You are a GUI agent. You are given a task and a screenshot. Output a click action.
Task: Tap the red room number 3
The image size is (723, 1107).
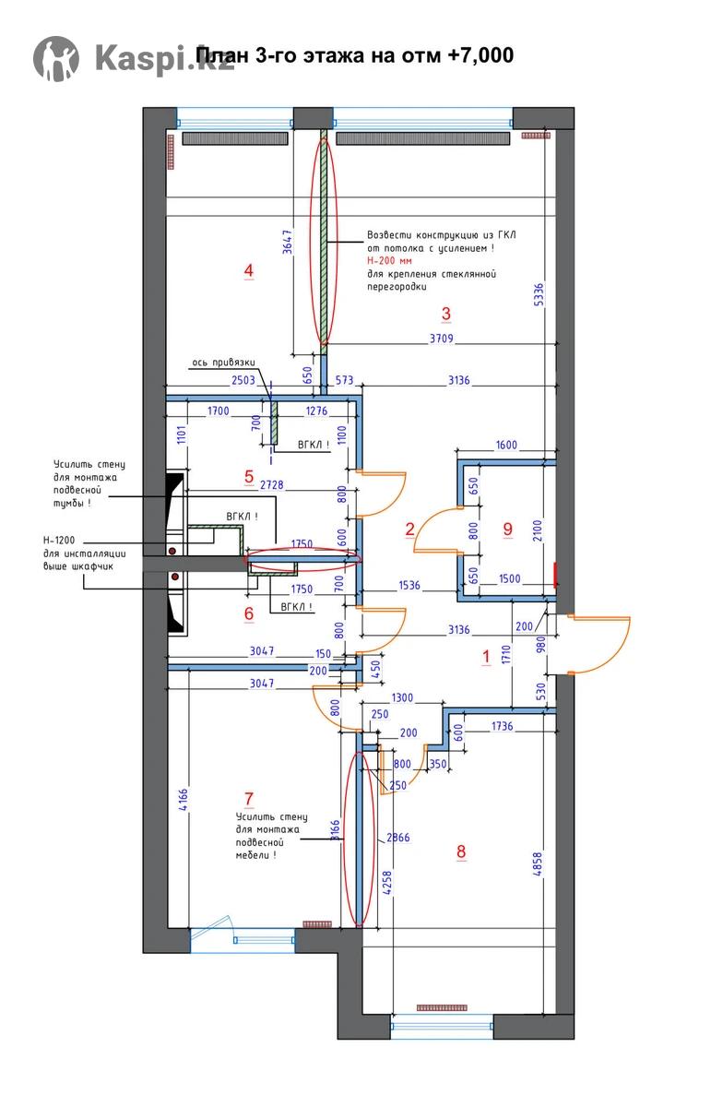coord(446,313)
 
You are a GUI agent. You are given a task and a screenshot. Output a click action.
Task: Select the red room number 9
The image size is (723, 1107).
coord(507,529)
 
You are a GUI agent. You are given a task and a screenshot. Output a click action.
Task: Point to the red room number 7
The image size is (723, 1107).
coord(248,798)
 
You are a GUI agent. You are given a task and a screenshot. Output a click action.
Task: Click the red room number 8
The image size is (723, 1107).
coord(461,851)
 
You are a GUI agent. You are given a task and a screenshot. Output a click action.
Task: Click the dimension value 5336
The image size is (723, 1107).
coord(540,294)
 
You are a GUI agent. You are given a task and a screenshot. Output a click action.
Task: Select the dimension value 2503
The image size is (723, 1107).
coord(243,379)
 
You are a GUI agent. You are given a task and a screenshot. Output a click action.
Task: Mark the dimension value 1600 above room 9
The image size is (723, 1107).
coord(506,445)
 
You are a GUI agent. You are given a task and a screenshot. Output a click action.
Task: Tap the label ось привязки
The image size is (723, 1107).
coord(221,363)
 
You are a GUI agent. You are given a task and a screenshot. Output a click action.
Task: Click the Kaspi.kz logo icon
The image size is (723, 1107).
coord(55,57)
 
